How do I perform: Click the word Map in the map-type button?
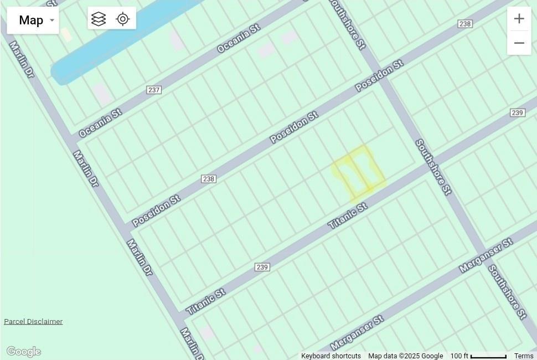click(30, 20)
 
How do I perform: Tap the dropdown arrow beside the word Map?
click(52, 20)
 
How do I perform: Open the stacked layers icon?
click(99, 19)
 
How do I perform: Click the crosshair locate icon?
click(123, 19)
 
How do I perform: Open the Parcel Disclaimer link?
click(33, 321)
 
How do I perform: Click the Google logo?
click(23, 352)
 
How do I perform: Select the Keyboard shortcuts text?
click(331, 356)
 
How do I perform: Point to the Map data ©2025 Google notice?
click(405, 356)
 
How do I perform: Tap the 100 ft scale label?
click(459, 356)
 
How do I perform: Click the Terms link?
click(523, 356)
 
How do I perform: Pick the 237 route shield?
click(154, 90)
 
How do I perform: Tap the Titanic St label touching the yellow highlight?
click(347, 216)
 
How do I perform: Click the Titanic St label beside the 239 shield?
click(205, 301)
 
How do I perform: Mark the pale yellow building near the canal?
click(66, 34)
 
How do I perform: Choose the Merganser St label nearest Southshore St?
click(486, 256)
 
